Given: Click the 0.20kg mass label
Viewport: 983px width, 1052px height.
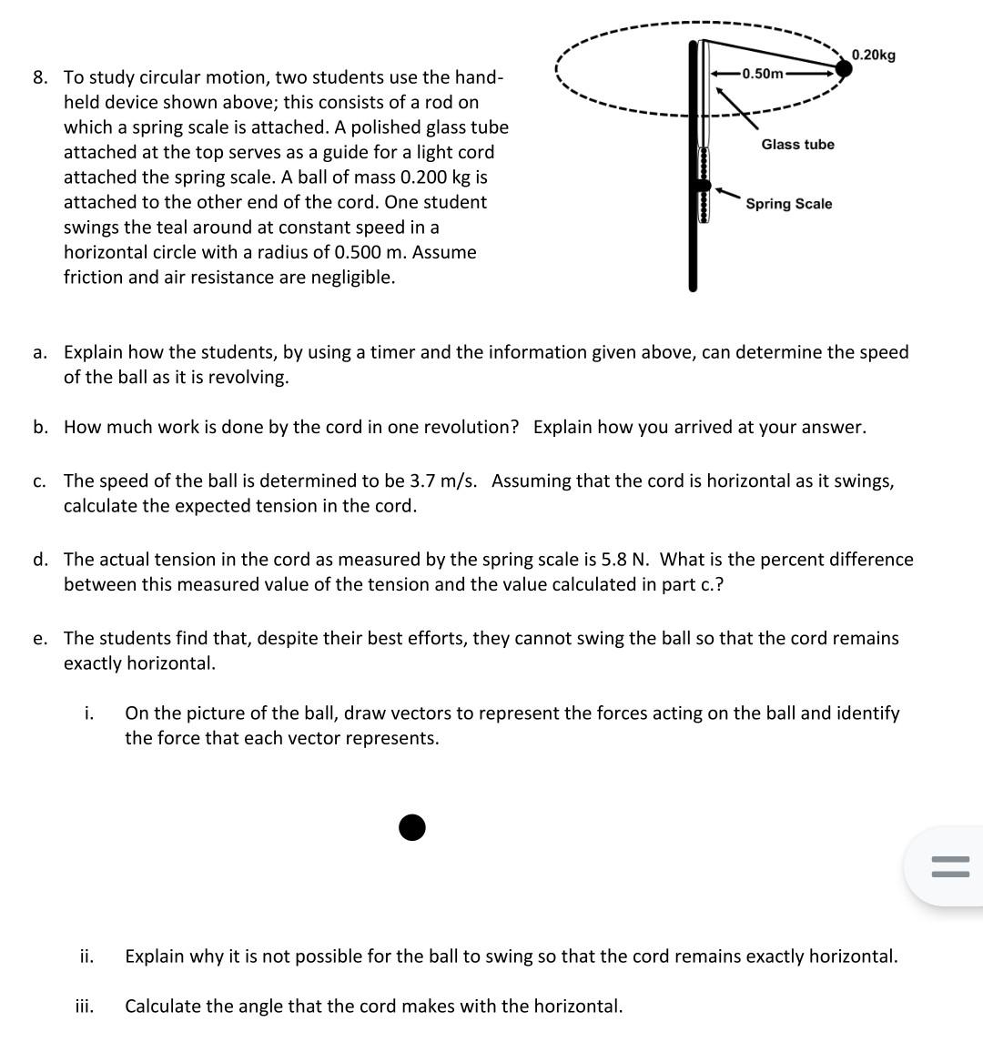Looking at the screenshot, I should click(x=874, y=56).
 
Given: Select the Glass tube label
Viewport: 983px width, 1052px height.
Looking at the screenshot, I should click(x=797, y=145).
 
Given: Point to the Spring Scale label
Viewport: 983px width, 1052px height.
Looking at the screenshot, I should click(x=788, y=204).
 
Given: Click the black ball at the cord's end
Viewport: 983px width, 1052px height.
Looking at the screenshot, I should click(x=844, y=67).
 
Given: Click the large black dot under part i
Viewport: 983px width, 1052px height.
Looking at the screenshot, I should click(x=412, y=827).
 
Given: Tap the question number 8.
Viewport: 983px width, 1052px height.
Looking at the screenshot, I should click(x=40, y=77).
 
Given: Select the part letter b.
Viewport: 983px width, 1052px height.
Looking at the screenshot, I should click(x=40, y=428).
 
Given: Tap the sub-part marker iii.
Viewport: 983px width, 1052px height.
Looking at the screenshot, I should click(x=84, y=1006).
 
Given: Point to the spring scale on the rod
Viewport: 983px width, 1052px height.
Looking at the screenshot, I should click(x=702, y=187).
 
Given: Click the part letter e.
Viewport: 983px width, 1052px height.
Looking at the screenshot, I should click(x=40, y=639).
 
